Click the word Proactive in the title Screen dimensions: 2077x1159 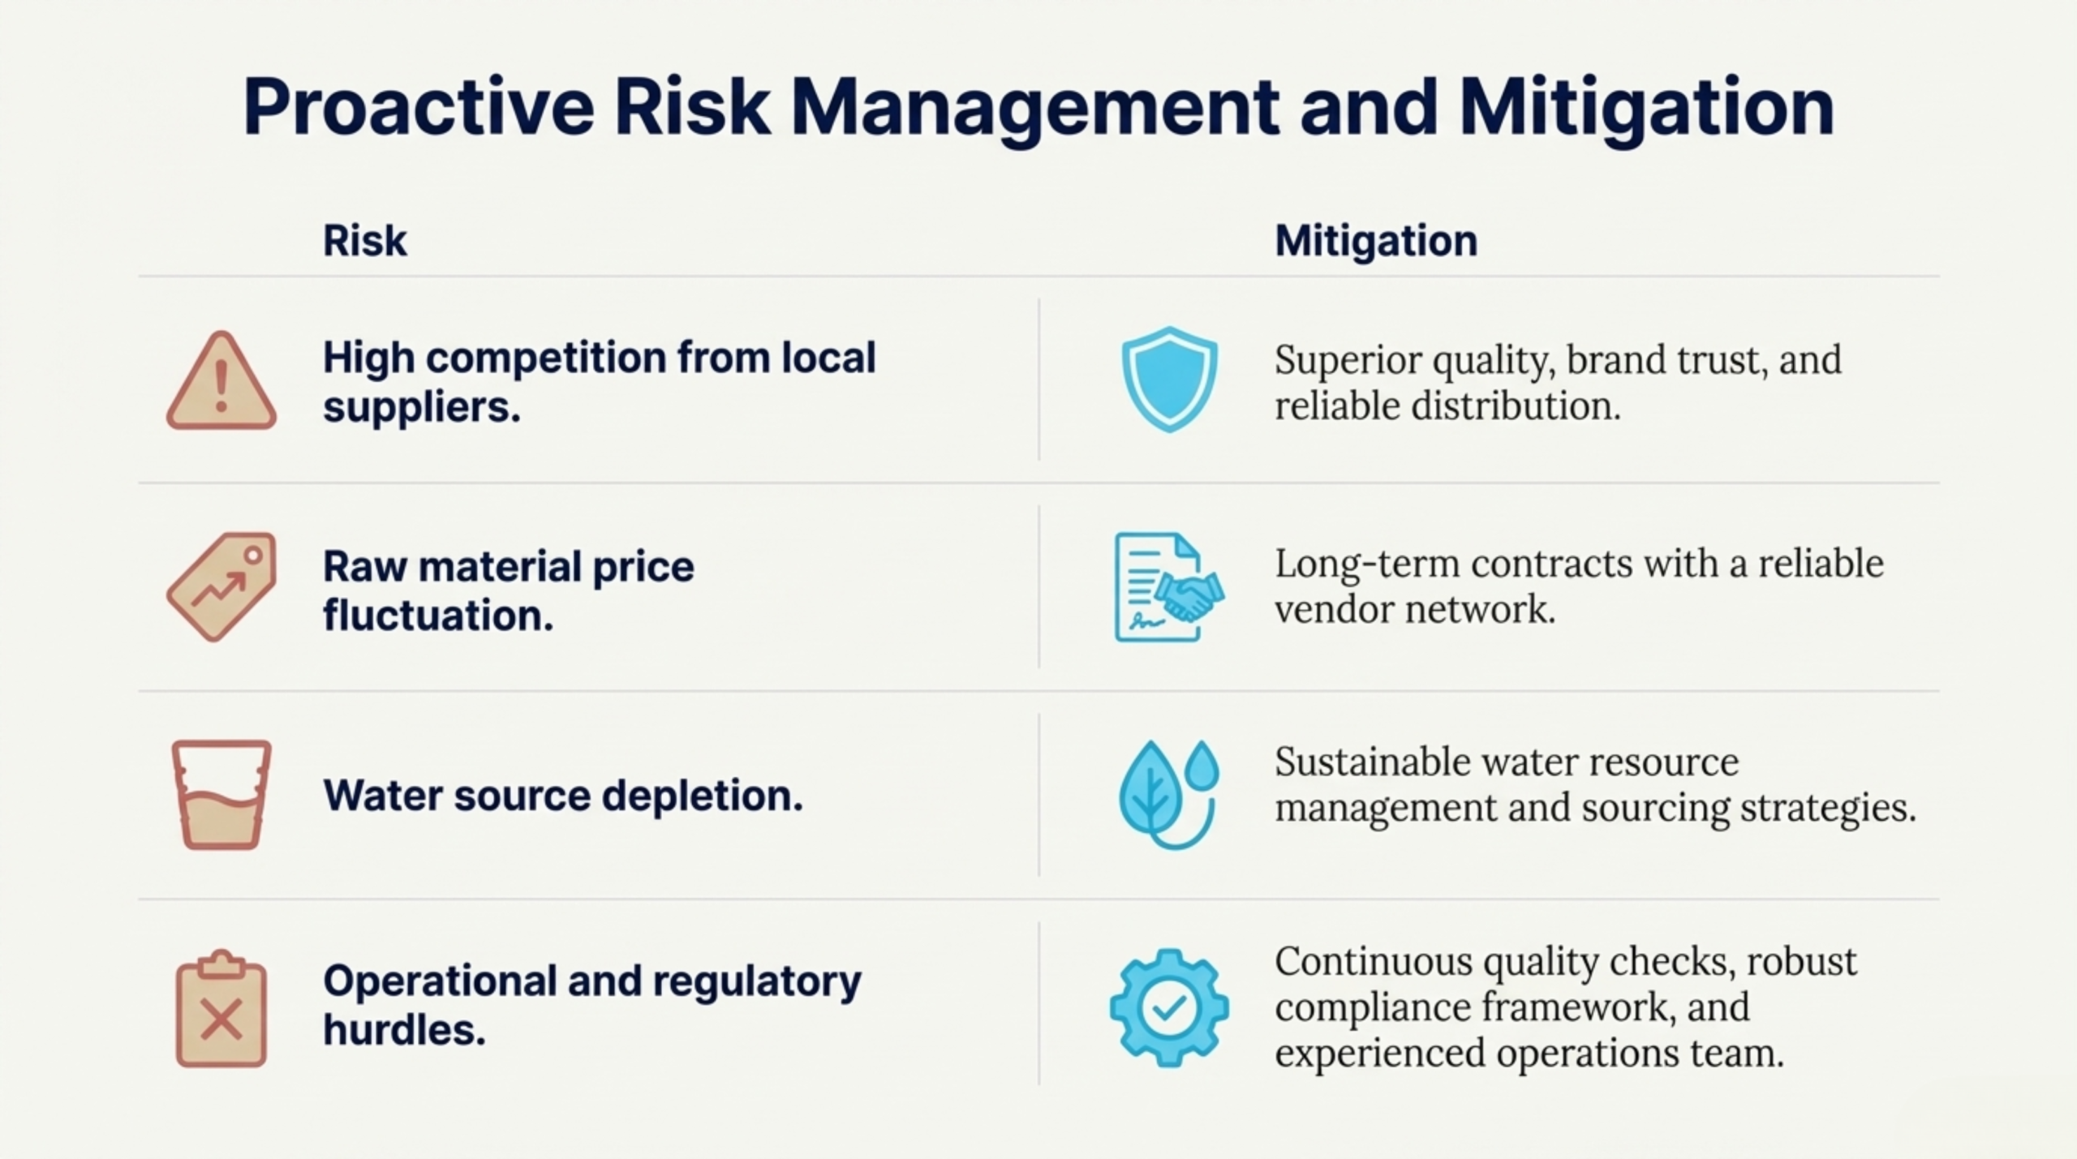pos(419,109)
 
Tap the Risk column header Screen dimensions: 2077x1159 pos(365,241)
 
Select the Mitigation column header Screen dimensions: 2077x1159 pos(1376,241)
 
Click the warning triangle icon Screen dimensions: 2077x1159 pos(221,380)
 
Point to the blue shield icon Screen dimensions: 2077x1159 pos(1169,379)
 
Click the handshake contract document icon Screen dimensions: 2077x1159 pos(1169,587)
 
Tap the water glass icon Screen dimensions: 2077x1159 pos(221,795)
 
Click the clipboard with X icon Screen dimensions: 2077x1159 pos(221,1008)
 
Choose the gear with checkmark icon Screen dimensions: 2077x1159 pos(1169,1007)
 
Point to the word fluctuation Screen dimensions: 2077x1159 pos(438,615)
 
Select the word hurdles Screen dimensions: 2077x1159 pos(404,1030)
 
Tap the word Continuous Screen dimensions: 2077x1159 pos(1373,962)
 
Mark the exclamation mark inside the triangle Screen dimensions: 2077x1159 pos(221,386)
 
